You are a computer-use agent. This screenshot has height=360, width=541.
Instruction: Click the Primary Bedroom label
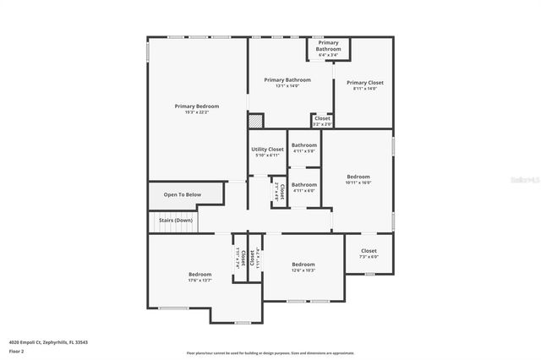(x=197, y=106)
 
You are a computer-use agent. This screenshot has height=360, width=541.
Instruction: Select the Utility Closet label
(x=267, y=150)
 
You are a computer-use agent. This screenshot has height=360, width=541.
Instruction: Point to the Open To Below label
(x=183, y=195)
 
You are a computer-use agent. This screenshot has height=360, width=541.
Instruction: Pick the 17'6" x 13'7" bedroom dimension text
(x=199, y=281)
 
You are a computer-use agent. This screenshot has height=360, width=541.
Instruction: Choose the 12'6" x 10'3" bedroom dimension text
(x=303, y=270)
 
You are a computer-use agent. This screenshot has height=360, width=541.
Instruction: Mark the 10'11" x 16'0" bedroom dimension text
(x=358, y=183)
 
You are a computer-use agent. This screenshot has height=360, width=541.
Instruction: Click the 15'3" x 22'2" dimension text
(x=197, y=112)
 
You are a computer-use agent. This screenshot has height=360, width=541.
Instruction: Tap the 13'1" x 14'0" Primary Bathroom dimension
(x=281, y=86)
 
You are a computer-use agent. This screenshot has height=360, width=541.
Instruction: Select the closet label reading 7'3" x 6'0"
(x=369, y=257)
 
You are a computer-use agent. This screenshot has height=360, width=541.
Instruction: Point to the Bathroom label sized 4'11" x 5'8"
(x=304, y=151)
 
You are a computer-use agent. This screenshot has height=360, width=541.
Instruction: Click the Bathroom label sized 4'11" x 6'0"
(x=304, y=190)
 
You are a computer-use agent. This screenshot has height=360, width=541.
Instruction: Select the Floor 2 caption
(x=17, y=350)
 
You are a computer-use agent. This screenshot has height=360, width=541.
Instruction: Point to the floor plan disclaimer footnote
(x=270, y=353)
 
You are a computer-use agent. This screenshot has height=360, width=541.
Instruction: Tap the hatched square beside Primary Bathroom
(x=256, y=120)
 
